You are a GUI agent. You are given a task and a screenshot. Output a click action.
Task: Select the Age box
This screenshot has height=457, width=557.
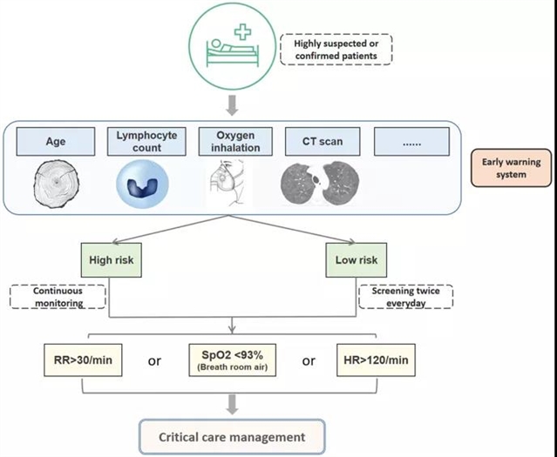click(x=61, y=140)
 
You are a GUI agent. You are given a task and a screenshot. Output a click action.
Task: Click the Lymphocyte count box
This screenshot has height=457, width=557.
click(x=146, y=140)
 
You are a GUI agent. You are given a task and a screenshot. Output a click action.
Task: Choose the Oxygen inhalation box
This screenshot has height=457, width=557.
click(x=231, y=140)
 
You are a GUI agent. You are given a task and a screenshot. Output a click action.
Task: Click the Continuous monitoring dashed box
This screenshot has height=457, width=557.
click(x=58, y=297)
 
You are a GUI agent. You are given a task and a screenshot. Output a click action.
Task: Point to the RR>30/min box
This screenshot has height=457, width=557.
click(x=80, y=358)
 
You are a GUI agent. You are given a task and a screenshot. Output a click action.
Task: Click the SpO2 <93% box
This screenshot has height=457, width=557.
click(x=231, y=360)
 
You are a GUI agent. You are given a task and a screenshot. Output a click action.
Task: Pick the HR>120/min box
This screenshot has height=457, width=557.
click(x=377, y=358)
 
